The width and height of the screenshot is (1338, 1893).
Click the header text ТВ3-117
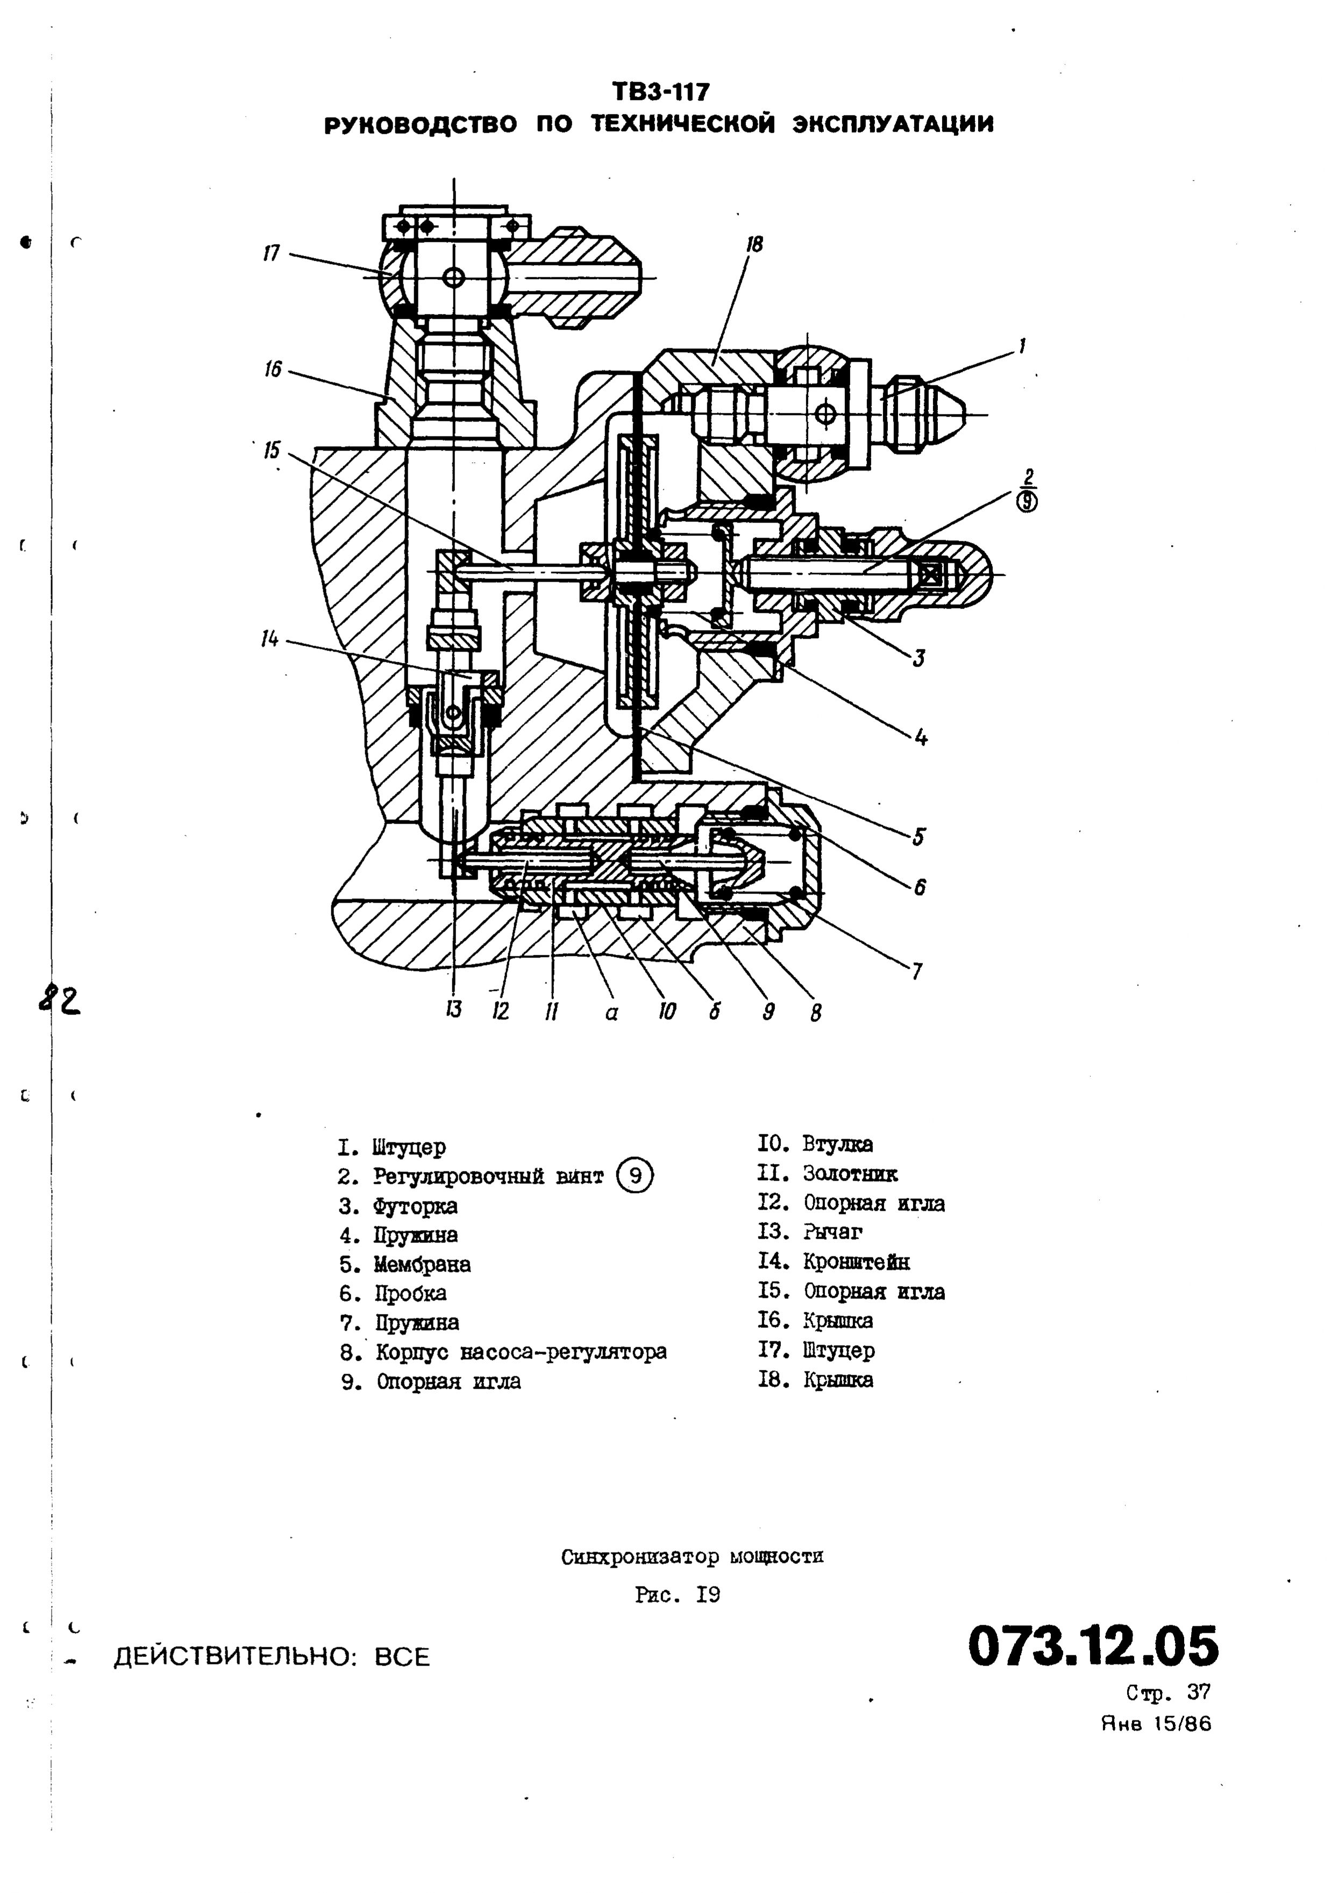pyautogui.click(x=660, y=91)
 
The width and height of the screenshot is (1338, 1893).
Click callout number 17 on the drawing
pyautogui.click(x=272, y=253)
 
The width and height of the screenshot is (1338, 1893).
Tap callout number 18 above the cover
pyautogui.click(x=754, y=244)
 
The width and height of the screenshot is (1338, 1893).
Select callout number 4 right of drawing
pyautogui.click(x=921, y=736)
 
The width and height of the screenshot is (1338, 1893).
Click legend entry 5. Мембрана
pyautogui.click(x=405, y=1264)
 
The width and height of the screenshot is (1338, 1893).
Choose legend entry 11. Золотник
pyautogui.click(x=828, y=1173)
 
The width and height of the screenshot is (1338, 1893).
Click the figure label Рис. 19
pyautogui.click(x=677, y=1595)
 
